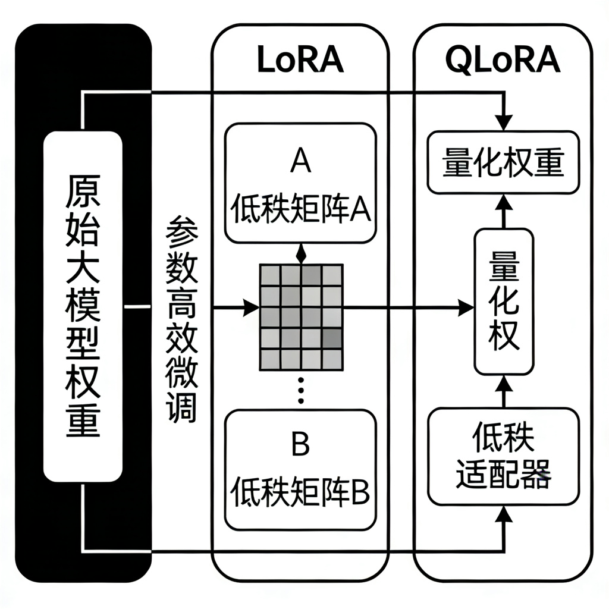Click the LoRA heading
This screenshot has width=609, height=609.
[300, 59]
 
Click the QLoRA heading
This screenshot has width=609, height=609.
[503, 59]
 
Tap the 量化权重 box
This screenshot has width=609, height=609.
[503, 163]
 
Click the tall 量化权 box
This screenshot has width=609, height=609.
[503, 301]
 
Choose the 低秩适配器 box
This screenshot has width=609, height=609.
[503, 455]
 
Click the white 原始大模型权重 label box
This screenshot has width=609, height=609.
[83, 306]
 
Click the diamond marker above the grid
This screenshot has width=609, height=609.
[301, 255]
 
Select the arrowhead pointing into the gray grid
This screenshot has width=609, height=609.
[252, 308]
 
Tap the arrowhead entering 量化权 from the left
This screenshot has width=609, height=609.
[466, 308]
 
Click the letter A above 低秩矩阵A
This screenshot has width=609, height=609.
[300, 161]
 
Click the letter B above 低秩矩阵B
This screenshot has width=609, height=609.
[300, 442]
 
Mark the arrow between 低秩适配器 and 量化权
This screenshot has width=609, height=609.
[504, 391]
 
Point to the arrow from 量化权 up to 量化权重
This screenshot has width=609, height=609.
[504, 211]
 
